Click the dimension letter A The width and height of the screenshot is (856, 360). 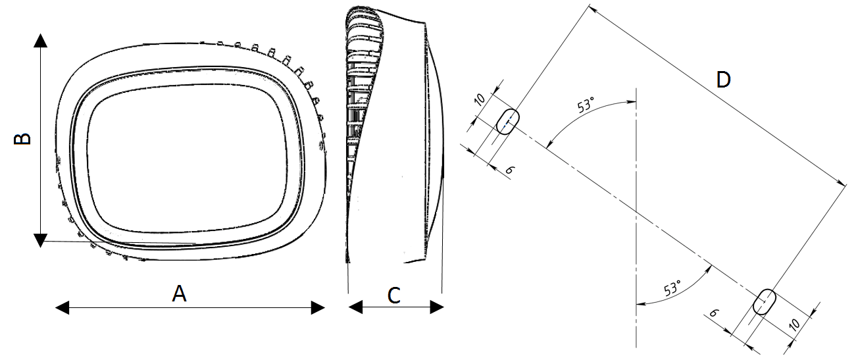tap(179, 294)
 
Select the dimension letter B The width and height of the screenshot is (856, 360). tap(22, 139)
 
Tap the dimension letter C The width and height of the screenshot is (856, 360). tap(394, 295)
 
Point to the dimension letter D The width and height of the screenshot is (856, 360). tap(723, 80)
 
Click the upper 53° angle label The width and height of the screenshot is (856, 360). tap(586, 105)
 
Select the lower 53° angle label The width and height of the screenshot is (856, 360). tap(672, 288)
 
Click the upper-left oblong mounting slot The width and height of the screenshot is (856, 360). tap(507, 122)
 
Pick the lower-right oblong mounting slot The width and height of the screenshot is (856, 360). tap(765, 301)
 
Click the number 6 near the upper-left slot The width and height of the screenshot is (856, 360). tap(509, 170)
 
